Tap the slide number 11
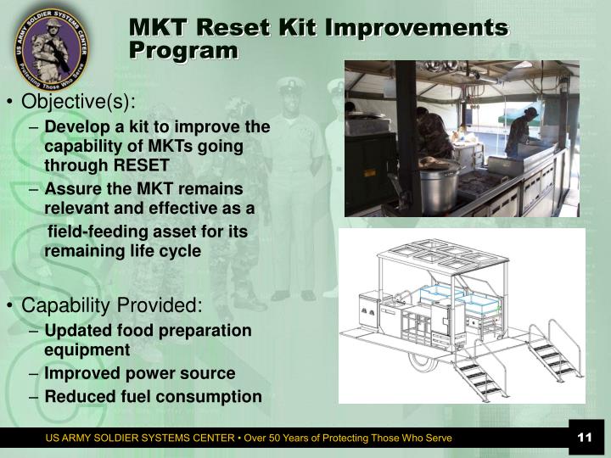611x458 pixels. pyautogui.click(x=583, y=437)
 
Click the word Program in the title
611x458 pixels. pyautogui.click(x=183, y=51)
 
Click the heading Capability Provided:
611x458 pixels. pyautogui.click(x=112, y=305)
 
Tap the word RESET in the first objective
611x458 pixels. pyautogui.click(x=143, y=165)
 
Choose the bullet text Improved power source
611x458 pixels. pyautogui.click(x=140, y=373)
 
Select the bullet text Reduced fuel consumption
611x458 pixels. pyautogui.click(x=153, y=396)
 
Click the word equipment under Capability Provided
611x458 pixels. pyautogui.click(x=87, y=349)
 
